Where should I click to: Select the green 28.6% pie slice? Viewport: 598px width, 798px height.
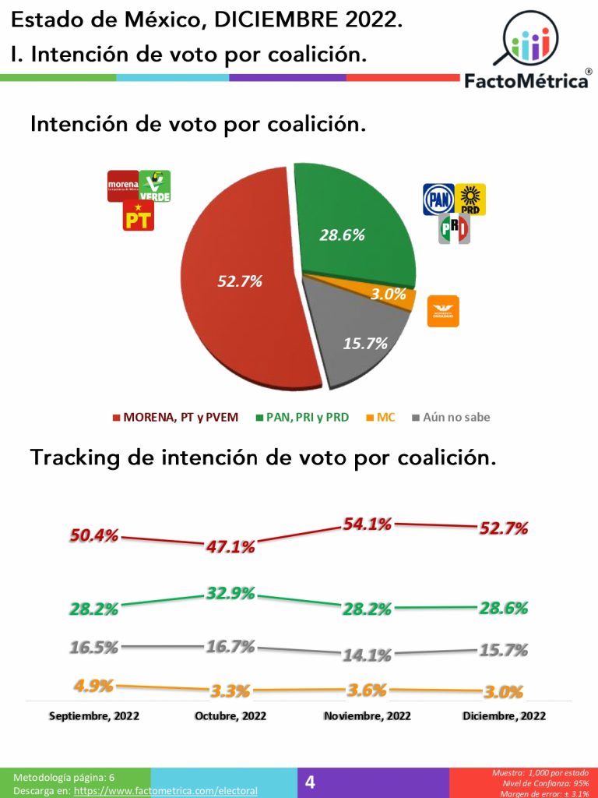click(x=350, y=226)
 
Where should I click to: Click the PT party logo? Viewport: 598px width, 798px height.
click(x=139, y=216)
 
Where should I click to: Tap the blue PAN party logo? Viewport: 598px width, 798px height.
click(x=438, y=199)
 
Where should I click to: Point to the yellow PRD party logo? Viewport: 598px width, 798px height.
click(x=470, y=199)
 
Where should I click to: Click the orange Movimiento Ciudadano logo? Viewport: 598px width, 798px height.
click(x=443, y=311)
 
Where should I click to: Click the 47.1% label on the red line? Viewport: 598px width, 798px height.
click(x=230, y=547)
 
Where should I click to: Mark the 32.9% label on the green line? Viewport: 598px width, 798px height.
click(x=230, y=594)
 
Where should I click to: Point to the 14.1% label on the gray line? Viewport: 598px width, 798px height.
click(x=367, y=655)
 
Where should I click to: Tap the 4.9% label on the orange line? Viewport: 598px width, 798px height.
click(x=93, y=686)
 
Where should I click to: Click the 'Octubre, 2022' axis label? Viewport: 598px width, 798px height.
click(x=230, y=715)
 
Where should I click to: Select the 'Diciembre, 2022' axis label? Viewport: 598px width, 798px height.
click(x=504, y=715)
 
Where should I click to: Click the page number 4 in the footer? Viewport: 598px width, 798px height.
click(x=310, y=782)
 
